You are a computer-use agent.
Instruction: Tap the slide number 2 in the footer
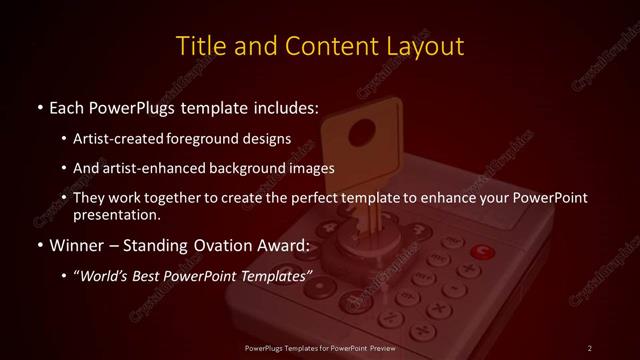point(590,347)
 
